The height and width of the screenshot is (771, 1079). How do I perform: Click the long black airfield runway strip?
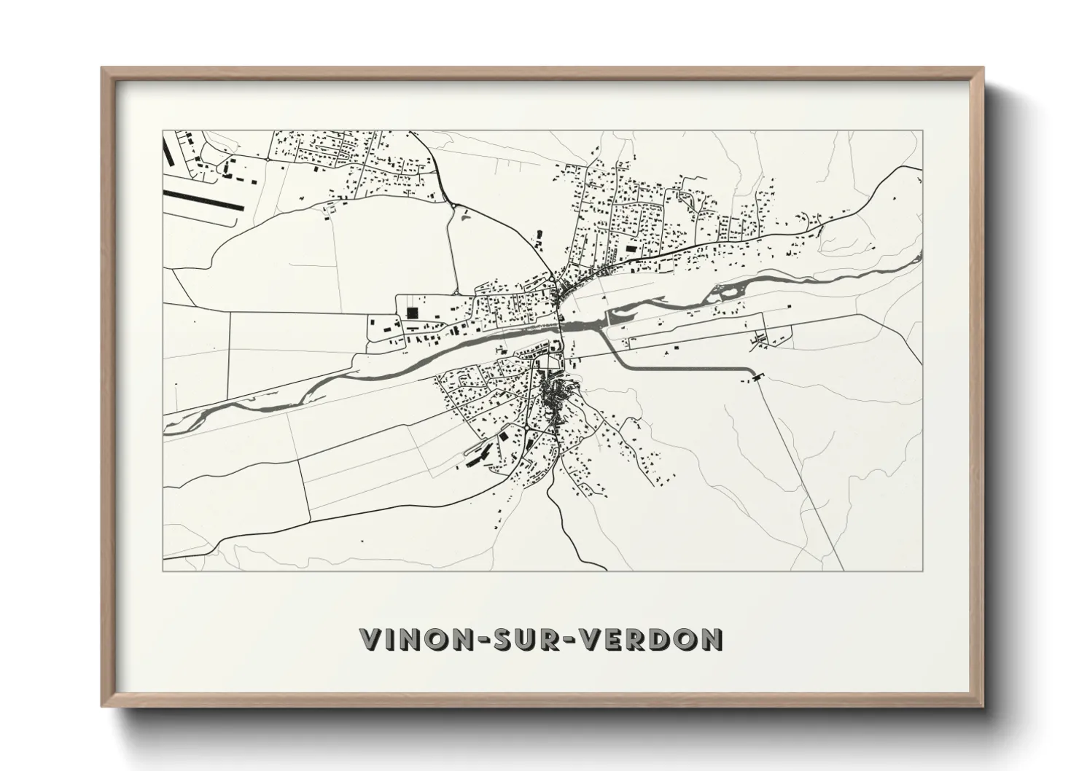pyautogui.click(x=203, y=200)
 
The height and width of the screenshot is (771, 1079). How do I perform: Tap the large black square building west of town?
pyautogui.click(x=412, y=313)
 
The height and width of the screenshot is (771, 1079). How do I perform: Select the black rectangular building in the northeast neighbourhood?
pyautogui.click(x=630, y=248)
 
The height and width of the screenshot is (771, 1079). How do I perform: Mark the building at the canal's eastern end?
pyautogui.click(x=755, y=377)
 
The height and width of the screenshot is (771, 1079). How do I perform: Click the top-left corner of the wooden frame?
pyautogui.click(x=103, y=69)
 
